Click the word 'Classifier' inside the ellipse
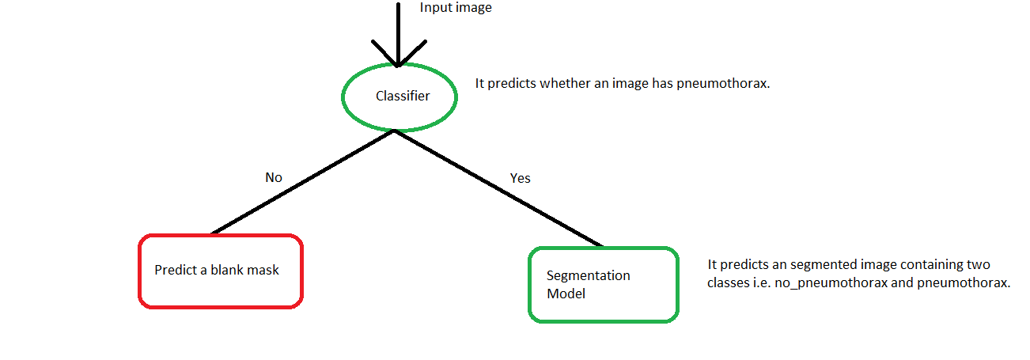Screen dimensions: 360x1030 (403, 97)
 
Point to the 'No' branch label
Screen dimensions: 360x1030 (274, 178)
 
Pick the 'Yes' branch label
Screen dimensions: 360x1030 (520, 178)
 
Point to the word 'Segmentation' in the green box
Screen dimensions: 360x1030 (589, 276)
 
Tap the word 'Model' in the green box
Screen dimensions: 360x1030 (566, 294)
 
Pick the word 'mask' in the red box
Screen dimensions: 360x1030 (264, 270)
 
